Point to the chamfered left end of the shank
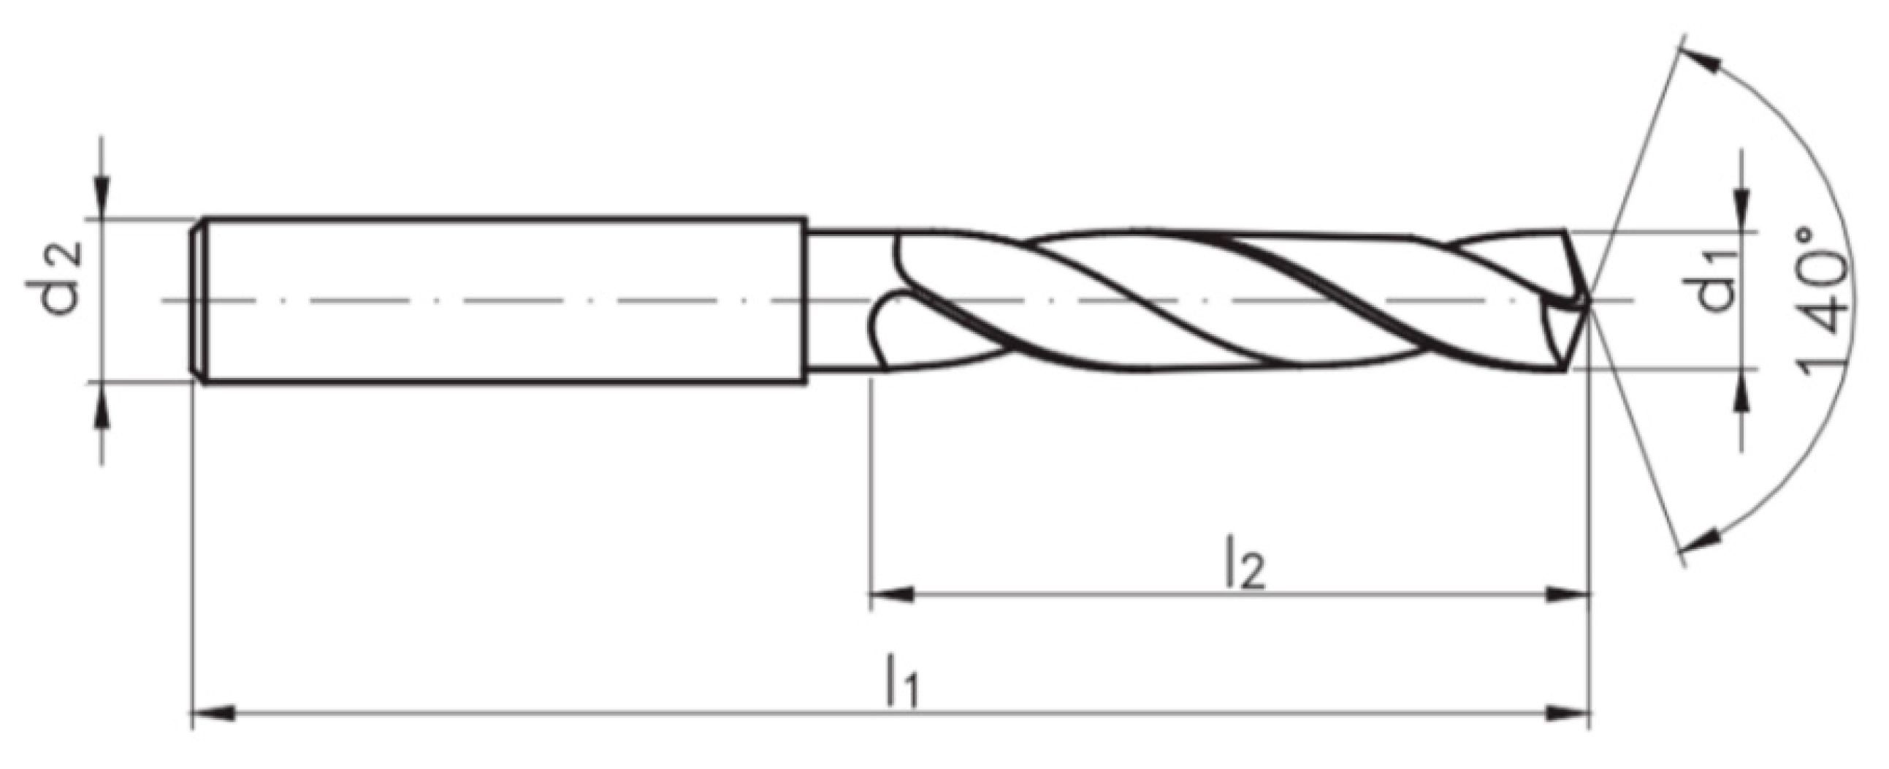[198, 300]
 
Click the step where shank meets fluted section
[806, 300]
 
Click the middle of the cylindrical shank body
[506, 300]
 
